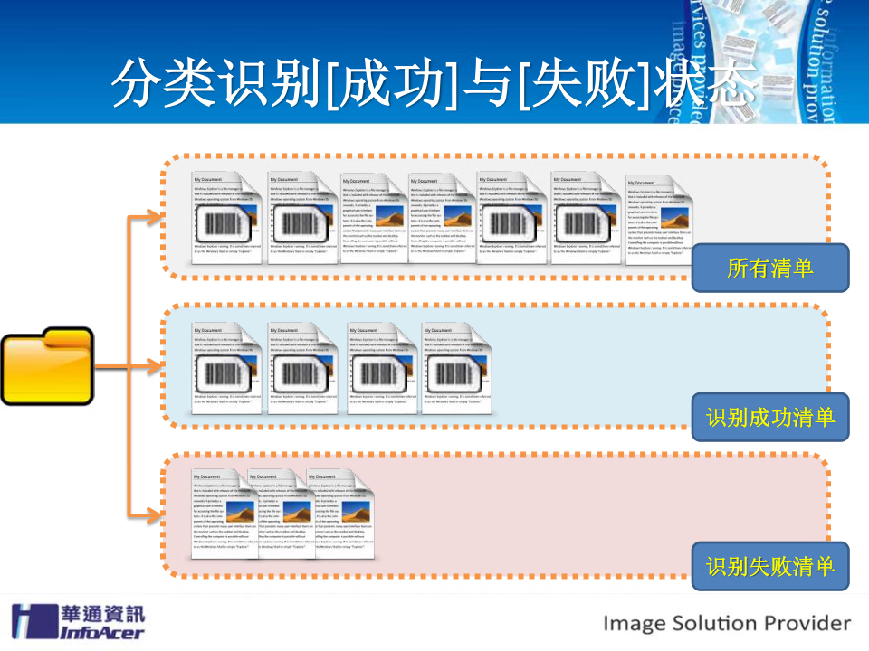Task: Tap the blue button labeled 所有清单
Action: pyautogui.click(x=770, y=268)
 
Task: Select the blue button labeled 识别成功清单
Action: pyautogui.click(x=770, y=417)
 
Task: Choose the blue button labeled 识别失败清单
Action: pyautogui.click(x=770, y=566)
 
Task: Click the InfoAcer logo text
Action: pyautogui.click(x=101, y=630)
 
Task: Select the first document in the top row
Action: pyautogui.click(x=226, y=217)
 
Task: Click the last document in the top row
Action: pyautogui.click(x=658, y=220)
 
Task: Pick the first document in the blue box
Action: pyautogui.click(x=226, y=369)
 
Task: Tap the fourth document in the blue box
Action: pyautogui.click(x=457, y=369)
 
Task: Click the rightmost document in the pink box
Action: pyautogui.click(x=342, y=513)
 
